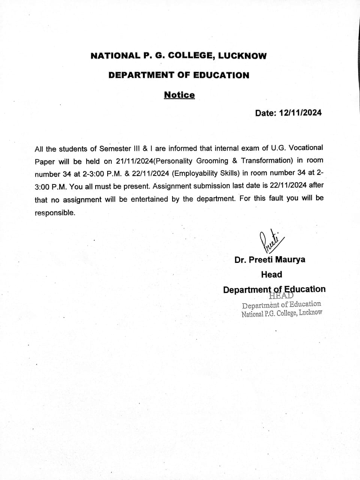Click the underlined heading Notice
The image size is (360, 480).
tap(179, 95)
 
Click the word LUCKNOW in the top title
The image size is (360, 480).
tap(242, 56)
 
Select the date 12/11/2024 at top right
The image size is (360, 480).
tap(300, 113)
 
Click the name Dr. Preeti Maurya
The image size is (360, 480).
tap(270, 259)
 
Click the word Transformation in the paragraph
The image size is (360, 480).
tap(266, 160)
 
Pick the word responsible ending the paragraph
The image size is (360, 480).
tap(55, 213)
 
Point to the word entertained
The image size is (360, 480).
tap(149, 199)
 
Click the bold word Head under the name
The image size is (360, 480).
tap(271, 274)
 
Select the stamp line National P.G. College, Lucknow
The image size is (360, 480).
tap(282, 313)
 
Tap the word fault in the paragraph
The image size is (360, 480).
tap(276, 198)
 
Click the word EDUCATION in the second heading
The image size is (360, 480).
tap(221, 75)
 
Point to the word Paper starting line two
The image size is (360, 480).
tap(45, 162)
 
